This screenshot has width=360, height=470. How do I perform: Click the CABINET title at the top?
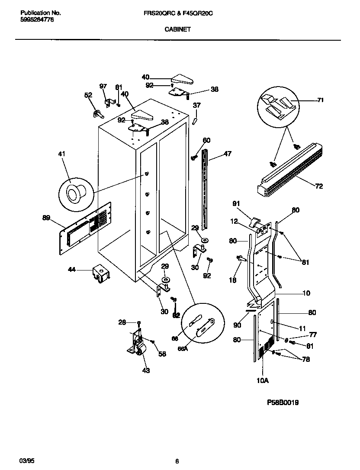[177, 30]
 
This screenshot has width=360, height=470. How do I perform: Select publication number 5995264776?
[37, 20]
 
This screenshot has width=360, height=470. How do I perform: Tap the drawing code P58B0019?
[283, 402]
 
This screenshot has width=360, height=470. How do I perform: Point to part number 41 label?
[62, 153]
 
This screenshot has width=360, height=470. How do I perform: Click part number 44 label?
[72, 270]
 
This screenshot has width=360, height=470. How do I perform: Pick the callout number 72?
[319, 187]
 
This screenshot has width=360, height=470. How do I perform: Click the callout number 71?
[321, 100]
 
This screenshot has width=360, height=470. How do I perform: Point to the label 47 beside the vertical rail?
[228, 153]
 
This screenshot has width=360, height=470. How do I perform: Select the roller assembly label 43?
[146, 370]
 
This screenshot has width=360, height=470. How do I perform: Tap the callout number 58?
[162, 354]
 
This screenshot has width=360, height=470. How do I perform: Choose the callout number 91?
[236, 203]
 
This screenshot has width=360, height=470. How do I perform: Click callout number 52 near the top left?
[88, 95]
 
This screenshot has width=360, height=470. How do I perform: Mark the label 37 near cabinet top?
[197, 105]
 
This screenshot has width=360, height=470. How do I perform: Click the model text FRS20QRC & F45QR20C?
[178, 13]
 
